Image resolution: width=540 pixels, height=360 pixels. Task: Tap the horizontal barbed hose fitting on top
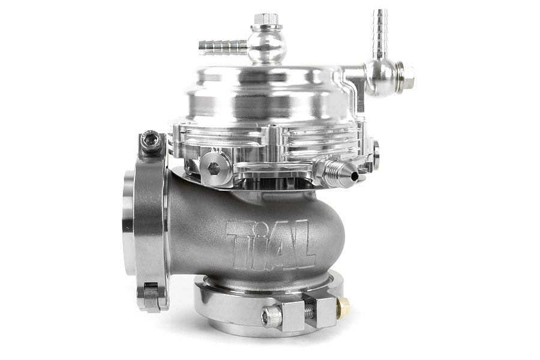223,46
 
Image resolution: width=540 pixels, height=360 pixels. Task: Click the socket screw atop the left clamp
152,142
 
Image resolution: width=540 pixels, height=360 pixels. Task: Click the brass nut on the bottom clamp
344,308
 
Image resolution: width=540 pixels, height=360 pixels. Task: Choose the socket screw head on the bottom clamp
272,316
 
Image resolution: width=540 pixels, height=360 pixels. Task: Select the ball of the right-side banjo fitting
382,76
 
